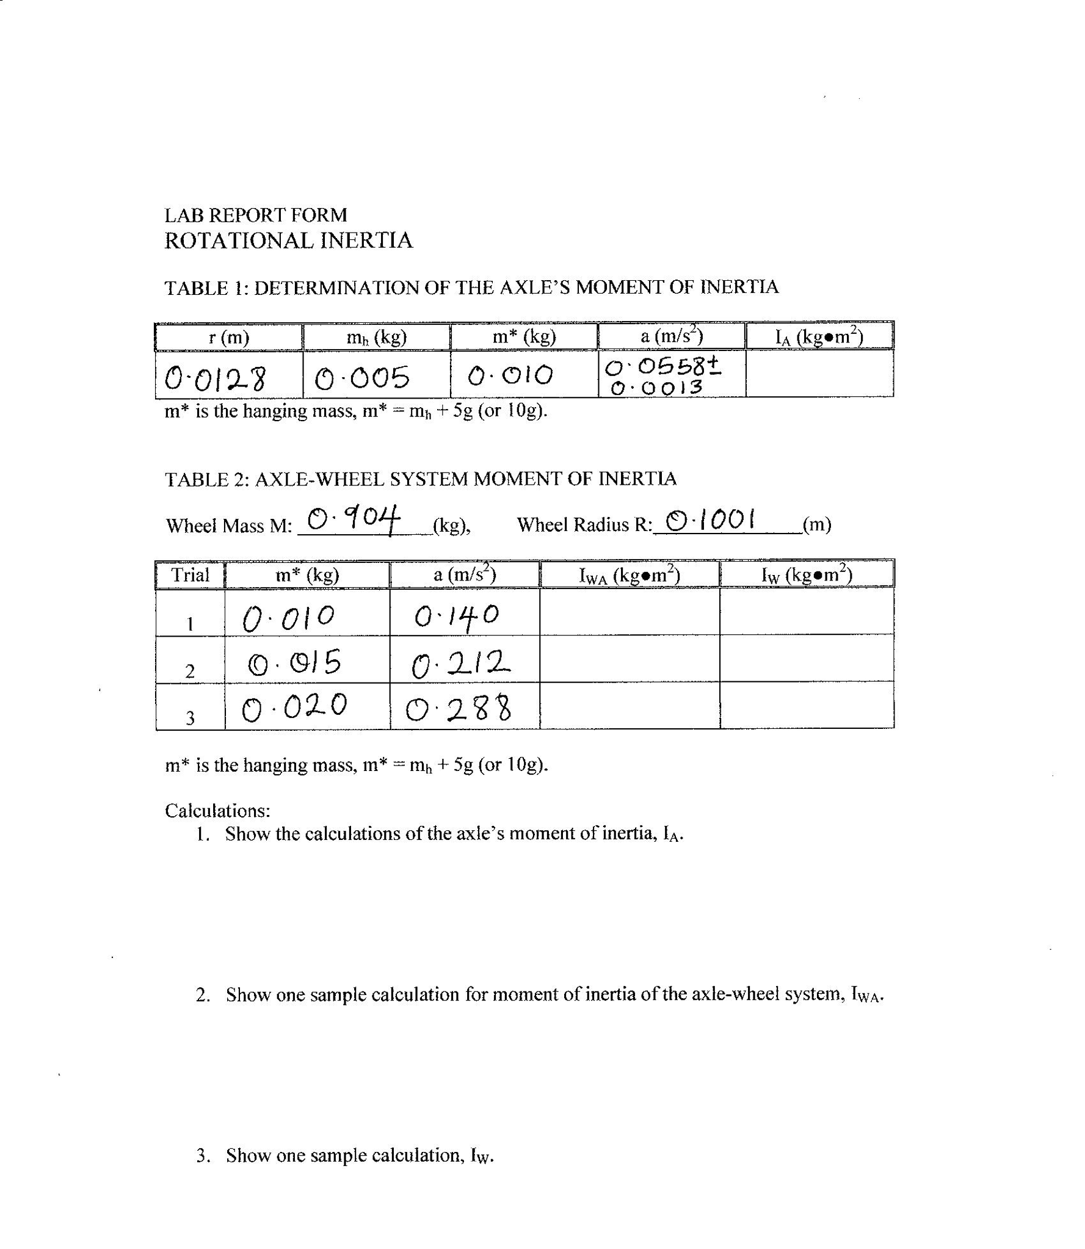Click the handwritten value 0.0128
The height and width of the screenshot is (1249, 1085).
point(215,379)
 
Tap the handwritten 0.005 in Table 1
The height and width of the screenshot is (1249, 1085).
point(361,378)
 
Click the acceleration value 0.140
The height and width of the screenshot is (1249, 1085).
point(457,616)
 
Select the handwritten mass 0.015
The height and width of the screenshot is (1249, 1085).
point(294,663)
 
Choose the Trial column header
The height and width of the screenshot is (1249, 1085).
point(190,575)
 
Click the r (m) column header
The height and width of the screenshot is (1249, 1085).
point(229,337)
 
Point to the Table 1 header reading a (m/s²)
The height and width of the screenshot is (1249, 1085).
point(672,336)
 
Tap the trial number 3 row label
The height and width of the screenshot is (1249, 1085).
point(190,719)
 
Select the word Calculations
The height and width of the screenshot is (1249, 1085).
point(217,811)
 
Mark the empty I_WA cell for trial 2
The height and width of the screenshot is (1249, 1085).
point(630,659)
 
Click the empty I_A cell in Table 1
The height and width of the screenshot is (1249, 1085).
point(819,374)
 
